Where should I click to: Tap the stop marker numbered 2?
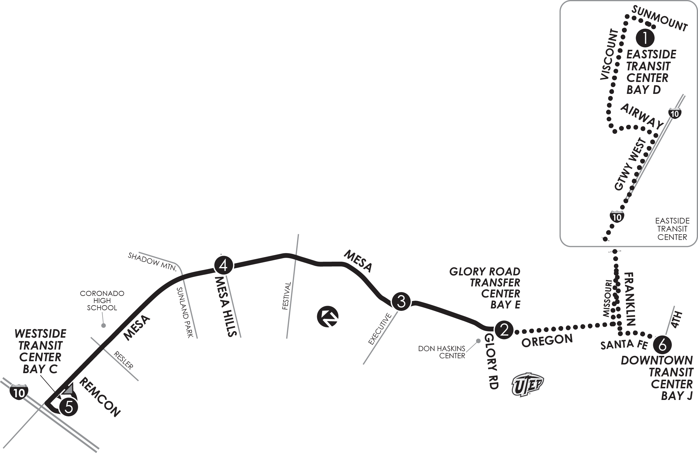pos(504,330)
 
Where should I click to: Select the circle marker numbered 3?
pos(401,302)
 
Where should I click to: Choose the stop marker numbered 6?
pos(662,345)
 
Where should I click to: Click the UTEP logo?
pos(528,384)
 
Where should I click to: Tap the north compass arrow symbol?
pos(328,316)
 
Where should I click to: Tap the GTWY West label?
pos(630,164)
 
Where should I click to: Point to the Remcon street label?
pos(100,397)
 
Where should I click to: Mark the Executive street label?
pos(380,329)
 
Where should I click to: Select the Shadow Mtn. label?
pos(152,262)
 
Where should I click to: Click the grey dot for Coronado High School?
pos(104,325)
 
